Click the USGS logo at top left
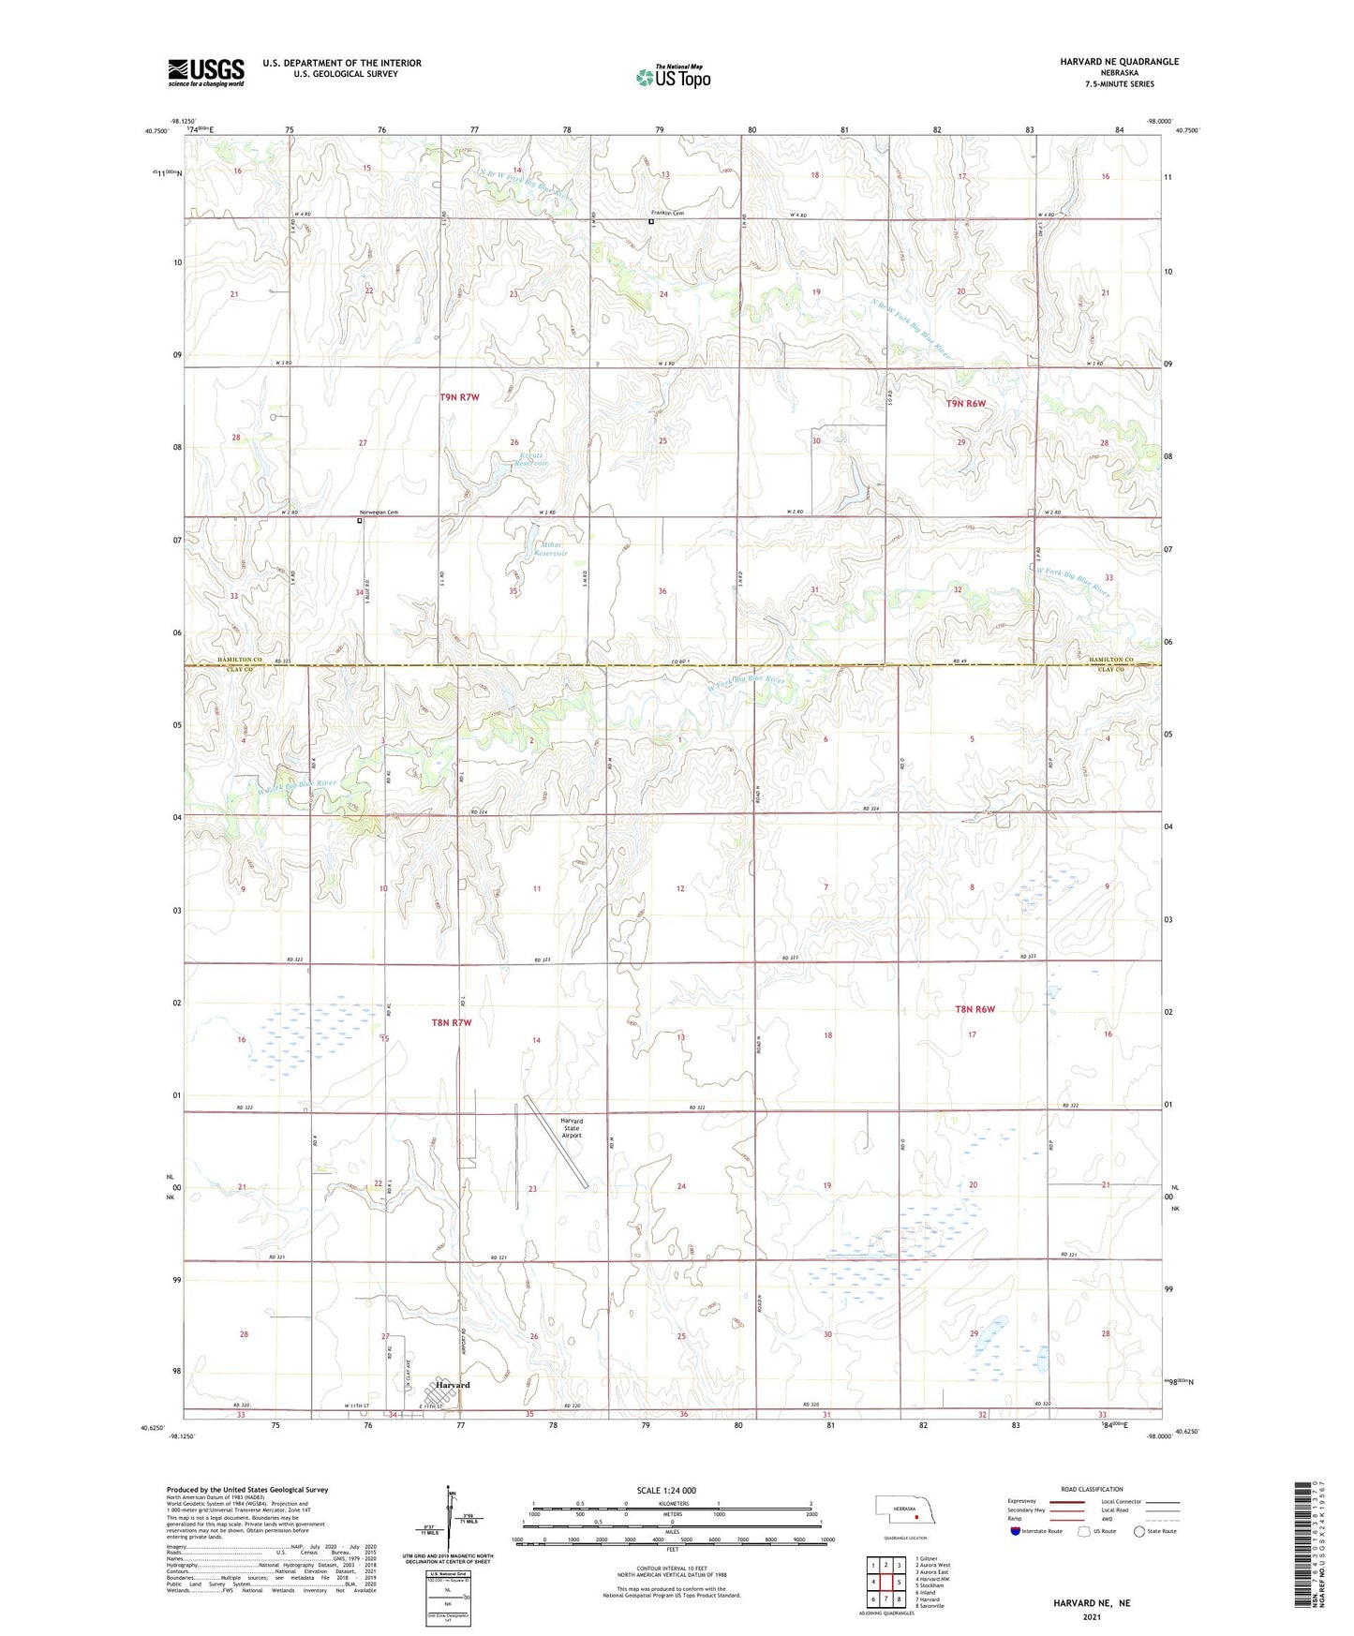(x=206, y=71)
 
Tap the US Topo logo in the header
(x=673, y=77)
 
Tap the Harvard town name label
(x=453, y=1385)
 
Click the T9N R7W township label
(x=459, y=397)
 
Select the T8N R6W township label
(x=974, y=1009)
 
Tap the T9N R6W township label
(x=965, y=403)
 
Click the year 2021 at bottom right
(x=1092, y=1617)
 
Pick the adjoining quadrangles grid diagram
(x=885, y=1580)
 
